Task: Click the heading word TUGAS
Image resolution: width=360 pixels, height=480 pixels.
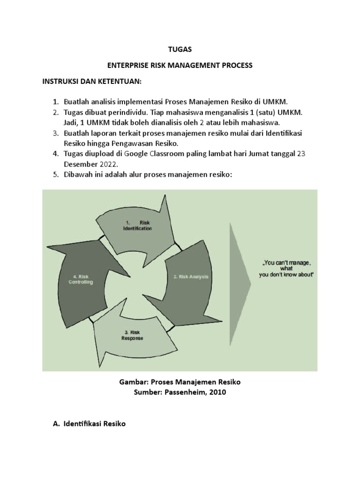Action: point(180,49)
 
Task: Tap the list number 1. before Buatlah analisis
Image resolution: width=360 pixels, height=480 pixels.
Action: point(55,102)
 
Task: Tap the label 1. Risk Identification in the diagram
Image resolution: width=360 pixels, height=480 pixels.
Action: point(137,225)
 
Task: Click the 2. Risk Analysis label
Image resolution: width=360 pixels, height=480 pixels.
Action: point(191,277)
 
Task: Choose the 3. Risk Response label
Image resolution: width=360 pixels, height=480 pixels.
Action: point(132,335)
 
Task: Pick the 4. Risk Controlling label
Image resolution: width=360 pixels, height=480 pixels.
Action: point(84,279)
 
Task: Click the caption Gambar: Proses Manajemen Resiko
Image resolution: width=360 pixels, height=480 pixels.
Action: point(180,382)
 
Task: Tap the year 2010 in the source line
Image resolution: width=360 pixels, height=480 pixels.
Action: point(217,392)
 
